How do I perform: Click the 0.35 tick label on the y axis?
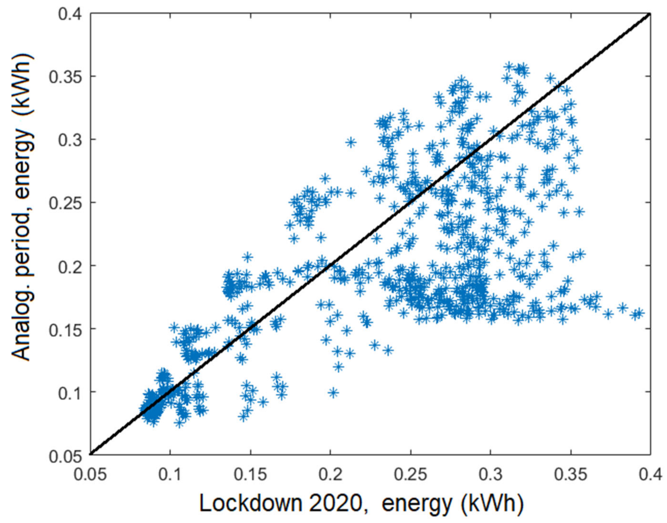tap(67, 76)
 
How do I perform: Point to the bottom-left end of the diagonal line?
tap(90, 454)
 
